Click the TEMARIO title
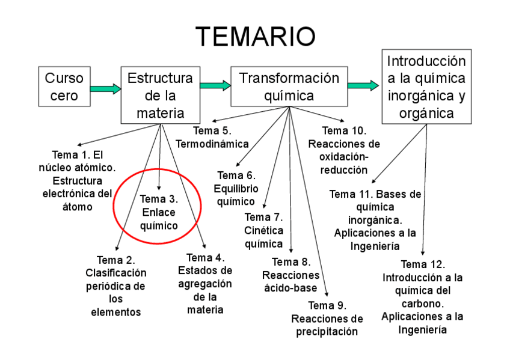tap(255, 37)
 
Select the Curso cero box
tap(64, 87)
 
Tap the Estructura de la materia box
tap(160, 96)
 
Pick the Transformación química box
tap(289, 87)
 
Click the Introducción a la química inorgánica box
tap(426, 87)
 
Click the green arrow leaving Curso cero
tap(105, 89)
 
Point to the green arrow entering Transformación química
tap(215, 85)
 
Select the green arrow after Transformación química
tap(363, 85)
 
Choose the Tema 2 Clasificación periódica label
tap(115, 286)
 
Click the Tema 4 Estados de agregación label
tap(205, 284)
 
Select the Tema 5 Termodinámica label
tap(212, 137)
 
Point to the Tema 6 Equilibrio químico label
tap(237, 188)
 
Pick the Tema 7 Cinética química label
tap(263, 230)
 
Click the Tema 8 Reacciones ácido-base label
tap(291, 275)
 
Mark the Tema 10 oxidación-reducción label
tap(344, 150)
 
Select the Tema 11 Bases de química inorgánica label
tap(375, 220)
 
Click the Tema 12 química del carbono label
tap(422, 297)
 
